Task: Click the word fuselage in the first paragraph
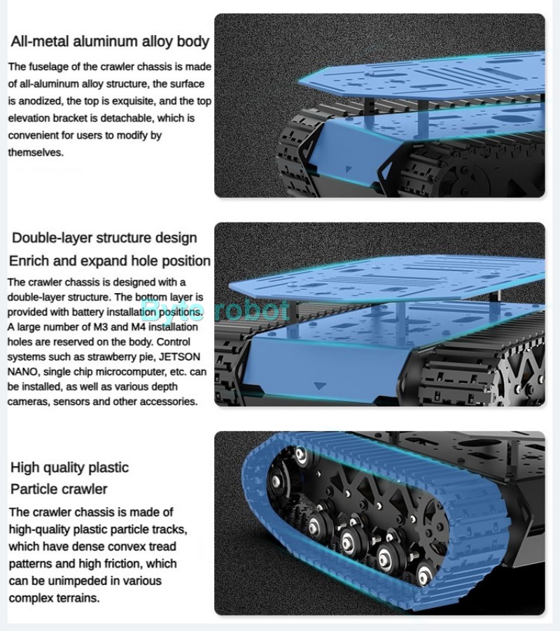(x=47, y=66)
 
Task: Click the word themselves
(x=36, y=153)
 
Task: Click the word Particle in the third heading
(x=34, y=489)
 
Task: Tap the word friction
(x=120, y=563)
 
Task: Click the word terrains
(x=78, y=598)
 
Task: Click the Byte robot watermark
(x=216, y=311)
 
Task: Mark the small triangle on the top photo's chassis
(x=349, y=169)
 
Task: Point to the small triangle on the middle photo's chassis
(x=320, y=386)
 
